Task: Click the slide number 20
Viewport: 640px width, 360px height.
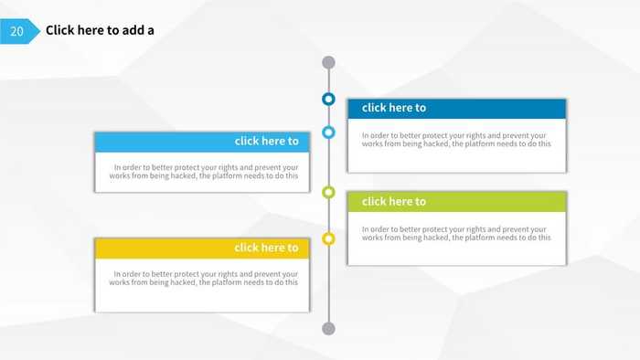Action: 16,31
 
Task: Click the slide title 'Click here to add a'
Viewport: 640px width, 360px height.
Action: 100,30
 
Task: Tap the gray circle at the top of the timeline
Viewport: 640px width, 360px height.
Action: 329,63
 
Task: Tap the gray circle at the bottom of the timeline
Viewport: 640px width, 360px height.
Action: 329,328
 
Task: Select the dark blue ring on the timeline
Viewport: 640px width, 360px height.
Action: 329,99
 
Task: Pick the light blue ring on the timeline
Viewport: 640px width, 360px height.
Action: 329,132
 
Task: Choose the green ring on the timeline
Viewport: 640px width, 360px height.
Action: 329,192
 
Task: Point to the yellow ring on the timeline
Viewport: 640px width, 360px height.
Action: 329,238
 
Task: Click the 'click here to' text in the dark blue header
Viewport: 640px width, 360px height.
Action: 394,108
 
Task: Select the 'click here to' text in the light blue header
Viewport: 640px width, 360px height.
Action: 266,141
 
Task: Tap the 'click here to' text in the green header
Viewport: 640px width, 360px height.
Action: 394,201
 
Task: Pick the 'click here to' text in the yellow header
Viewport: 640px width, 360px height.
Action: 266,248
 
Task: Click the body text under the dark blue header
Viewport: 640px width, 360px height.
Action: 456,140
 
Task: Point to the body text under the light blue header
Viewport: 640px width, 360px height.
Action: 203,172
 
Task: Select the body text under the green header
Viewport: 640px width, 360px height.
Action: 456,233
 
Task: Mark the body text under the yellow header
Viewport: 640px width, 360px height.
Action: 203,278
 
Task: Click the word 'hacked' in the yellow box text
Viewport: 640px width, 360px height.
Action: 181,282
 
